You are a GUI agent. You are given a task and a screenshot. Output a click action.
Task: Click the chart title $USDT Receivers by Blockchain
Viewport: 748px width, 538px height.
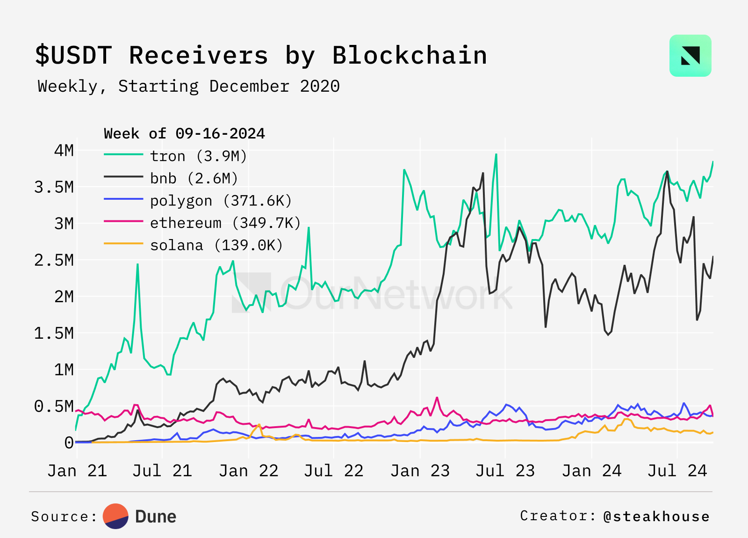click(x=261, y=55)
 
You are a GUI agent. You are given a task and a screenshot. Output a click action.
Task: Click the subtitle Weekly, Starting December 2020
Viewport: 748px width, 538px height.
click(x=188, y=87)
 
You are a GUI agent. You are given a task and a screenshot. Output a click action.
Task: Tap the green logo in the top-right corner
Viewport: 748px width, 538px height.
click(x=690, y=56)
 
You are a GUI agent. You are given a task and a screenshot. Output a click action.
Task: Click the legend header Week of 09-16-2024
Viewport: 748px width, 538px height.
click(x=184, y=134)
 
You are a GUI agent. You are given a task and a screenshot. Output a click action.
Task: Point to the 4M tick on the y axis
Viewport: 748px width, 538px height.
click(x=64, y=151)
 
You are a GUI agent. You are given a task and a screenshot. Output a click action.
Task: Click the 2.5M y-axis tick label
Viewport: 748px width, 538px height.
click(x=54, y=260)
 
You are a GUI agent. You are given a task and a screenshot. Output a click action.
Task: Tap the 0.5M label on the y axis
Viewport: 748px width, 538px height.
click(x=54, y=407)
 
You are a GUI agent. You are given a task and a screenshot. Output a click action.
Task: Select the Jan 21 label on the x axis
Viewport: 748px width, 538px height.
click(x=77, y=471)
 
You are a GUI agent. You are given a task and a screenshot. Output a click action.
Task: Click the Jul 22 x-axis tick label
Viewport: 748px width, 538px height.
click(x=334, y=471)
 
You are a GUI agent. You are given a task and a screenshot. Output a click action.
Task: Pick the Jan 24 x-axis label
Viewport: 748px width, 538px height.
click(x=591, y=471)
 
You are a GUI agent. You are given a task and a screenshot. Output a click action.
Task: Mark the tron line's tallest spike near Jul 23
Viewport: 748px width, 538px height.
click(x=496, y=154)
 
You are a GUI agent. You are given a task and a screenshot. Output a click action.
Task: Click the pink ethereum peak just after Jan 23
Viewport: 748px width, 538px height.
click(x=437, y=398)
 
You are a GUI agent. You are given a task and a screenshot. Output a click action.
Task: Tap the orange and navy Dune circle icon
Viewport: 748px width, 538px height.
click(x=115, y=516)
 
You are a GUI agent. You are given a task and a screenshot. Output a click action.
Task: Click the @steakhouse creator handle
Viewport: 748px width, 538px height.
click(x=656, y=516)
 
